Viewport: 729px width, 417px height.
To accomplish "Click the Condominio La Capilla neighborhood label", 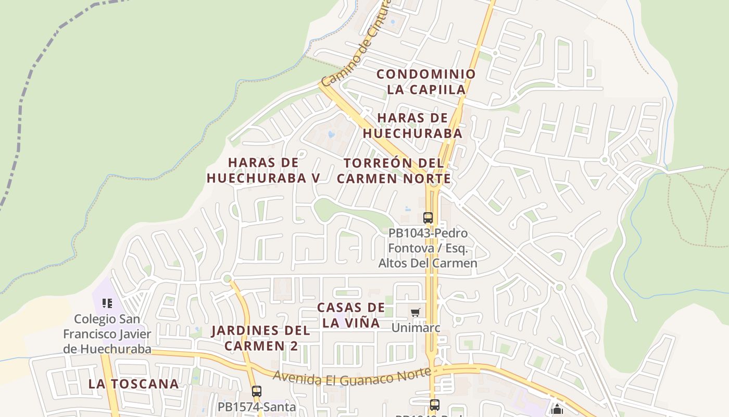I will (x=426, y=82).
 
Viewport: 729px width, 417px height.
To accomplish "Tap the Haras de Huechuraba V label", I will (x=263, y=170).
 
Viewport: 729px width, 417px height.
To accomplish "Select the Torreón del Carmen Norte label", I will (x=394, y=170).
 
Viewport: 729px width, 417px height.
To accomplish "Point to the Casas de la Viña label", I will (x=351, y=315).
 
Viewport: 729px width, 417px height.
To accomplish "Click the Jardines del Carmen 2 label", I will (x=260, y=338).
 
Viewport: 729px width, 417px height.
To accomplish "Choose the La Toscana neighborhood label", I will (x=133, y=384).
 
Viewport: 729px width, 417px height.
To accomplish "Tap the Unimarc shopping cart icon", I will (x=415, y=312).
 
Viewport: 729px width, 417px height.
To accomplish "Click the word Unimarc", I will (x=416, y=328).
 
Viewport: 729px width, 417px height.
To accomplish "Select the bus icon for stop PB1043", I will (x=428, y=218).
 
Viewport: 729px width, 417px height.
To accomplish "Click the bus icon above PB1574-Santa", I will (x=256, y=391).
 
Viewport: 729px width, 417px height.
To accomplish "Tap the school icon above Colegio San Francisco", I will (x=107, y=303).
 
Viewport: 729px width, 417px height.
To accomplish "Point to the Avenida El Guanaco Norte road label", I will (x=351, y=376).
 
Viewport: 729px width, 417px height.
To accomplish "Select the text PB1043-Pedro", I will (x=428, y=233).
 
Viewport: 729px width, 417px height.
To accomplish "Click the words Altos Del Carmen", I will (x=428, y=263).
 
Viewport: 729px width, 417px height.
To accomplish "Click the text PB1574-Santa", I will (x=257, y=407).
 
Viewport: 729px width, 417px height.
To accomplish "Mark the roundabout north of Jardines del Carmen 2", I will (x=227, y=279).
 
